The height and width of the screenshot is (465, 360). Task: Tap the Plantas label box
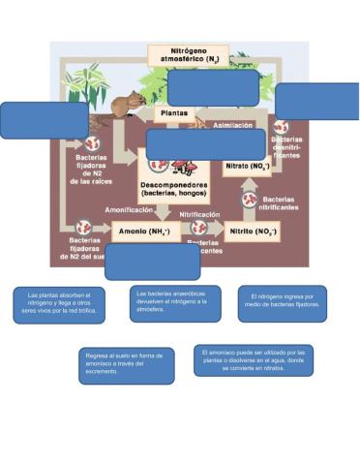(174, 112)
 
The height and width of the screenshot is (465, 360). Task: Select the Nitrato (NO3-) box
(248, 167)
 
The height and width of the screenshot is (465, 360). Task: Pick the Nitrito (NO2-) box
(252, 232)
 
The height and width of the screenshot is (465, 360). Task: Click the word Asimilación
(233, 125)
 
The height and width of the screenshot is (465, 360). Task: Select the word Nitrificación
(199, 214)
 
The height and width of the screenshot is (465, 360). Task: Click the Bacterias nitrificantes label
(278, 203)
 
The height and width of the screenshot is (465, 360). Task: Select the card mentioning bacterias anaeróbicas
(171, 303)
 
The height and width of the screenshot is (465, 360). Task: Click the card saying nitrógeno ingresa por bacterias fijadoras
(282, 304)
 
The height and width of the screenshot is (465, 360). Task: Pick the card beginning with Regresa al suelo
(127, 366)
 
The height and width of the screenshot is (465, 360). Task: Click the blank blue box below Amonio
(152, 262)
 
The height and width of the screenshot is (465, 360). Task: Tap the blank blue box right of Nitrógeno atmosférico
(316, 102)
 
